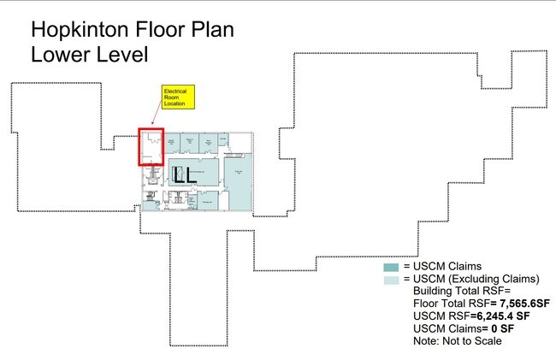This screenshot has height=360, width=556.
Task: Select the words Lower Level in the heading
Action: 90,55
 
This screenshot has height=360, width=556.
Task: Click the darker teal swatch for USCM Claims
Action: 392,267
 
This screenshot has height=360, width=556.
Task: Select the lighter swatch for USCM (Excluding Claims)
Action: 392,280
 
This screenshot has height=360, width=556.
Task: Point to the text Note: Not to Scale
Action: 457,341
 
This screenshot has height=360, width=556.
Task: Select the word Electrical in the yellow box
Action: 175,90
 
